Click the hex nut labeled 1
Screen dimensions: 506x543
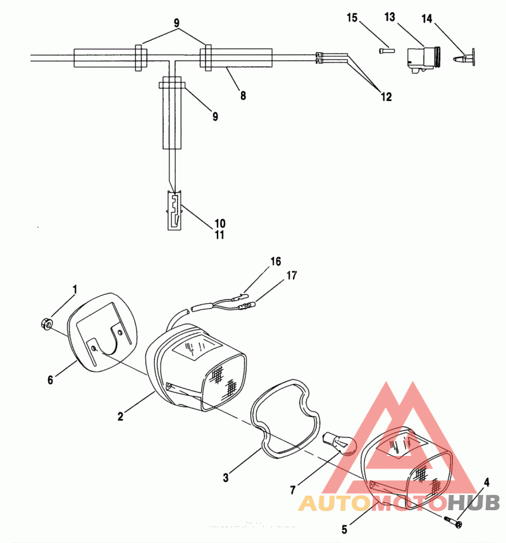point(46,324)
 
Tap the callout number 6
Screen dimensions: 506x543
point(51,380)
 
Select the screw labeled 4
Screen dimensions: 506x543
point(453,521)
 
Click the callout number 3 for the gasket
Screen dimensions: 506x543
point(226,478)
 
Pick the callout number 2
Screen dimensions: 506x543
point(120,416)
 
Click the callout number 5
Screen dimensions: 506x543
point(344,529)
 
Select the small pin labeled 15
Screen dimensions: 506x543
point(386,51)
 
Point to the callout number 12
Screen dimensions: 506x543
point(386,97)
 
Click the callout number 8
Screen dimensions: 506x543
point(243,95)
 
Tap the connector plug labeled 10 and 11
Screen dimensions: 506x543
point(175,210)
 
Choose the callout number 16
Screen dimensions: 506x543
point(276,261)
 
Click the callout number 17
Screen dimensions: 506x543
point(292,276)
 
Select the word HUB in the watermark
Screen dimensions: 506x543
point(473,503)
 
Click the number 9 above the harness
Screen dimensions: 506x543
point(176,23)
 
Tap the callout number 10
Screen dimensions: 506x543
point(220,224)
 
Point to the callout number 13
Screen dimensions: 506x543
point(390,16)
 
